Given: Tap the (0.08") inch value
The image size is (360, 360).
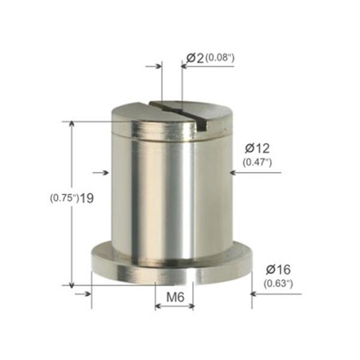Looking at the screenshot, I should tap(219, 58).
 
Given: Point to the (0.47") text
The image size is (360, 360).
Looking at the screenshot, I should tap(257, 162).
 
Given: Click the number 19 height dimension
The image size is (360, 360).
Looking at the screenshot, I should tap(86, 198).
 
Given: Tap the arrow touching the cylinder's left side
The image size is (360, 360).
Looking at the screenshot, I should tap(106, 173).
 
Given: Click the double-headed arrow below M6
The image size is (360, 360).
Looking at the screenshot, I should tap(175, 306).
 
